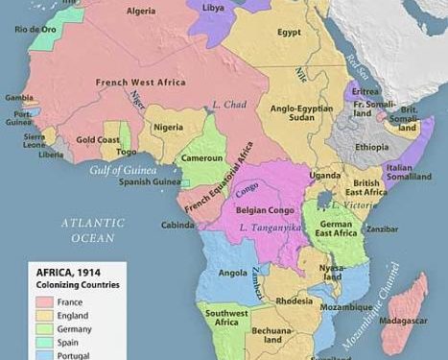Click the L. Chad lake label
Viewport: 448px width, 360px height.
[x=230, y=103]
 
